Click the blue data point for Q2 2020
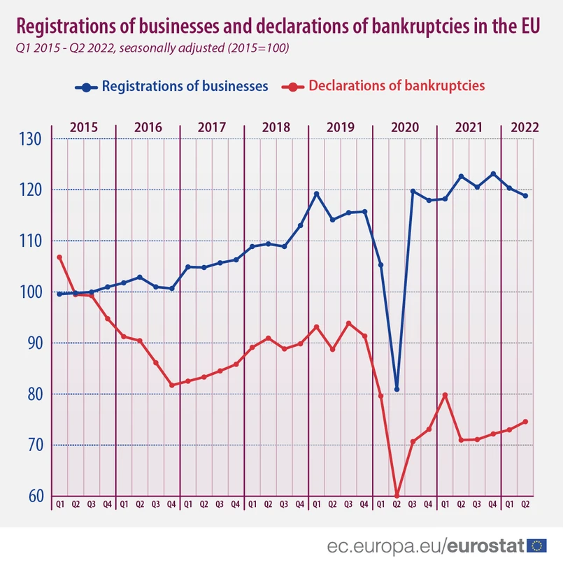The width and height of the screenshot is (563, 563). pos(397,390)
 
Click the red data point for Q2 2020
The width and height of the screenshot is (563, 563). pos(397,496)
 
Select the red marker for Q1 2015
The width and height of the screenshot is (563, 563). pos(59,257)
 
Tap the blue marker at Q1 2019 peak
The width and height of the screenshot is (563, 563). pos(316,194)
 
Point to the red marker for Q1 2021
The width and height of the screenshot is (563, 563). pos(445,395)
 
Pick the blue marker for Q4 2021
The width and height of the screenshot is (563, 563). pos(493,174)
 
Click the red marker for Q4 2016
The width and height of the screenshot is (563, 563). pos(172,385)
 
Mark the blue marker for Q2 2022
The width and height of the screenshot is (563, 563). pos(525,196)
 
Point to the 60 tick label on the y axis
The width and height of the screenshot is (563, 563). pos(32,497)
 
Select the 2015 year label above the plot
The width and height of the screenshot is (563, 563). pos(84,128)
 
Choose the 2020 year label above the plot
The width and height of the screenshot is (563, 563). pos(404,128)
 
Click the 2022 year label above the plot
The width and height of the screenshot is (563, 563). pos(525,128)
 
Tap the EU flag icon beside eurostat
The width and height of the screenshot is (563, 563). pos(537,546)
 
